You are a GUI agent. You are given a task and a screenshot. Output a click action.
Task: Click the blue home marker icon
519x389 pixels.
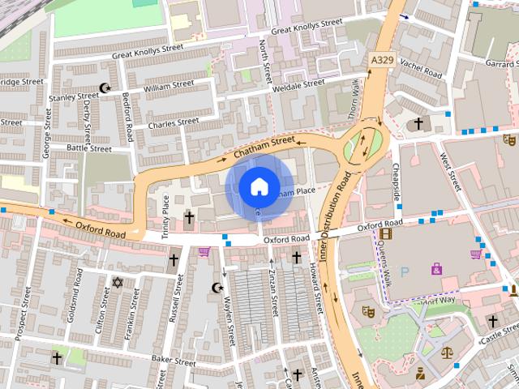258,186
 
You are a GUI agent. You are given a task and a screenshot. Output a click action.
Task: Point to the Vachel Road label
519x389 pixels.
422,72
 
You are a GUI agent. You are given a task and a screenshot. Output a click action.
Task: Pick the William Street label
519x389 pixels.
169,85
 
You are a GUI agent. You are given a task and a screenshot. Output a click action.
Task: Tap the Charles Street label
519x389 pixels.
173,123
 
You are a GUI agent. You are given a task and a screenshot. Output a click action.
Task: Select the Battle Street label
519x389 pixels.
88,148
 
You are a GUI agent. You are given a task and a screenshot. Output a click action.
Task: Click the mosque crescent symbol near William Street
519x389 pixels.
104,88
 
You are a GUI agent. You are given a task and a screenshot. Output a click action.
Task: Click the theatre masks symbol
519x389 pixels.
367,310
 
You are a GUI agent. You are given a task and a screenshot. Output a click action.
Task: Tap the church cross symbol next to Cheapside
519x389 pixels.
418,124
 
